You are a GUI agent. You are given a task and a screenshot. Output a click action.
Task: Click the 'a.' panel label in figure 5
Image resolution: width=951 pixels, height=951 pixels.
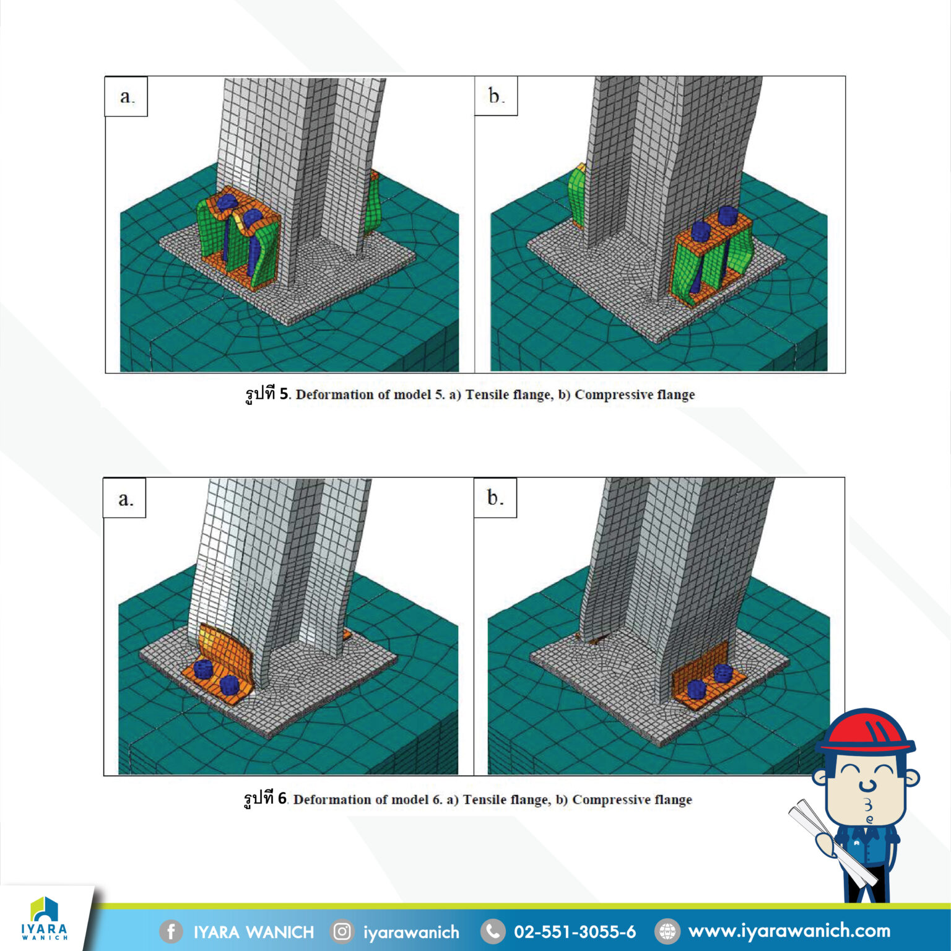pos(126,97)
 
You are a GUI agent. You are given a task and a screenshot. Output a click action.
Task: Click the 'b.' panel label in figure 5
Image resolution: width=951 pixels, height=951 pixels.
pos(496,96)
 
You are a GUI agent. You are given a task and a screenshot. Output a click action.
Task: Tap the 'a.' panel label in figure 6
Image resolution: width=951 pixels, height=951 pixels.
pos(125,498)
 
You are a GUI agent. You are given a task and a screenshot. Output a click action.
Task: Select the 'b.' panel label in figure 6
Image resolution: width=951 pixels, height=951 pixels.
pos(495,498)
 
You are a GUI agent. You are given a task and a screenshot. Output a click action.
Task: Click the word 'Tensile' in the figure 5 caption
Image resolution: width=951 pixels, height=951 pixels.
pos(487,395)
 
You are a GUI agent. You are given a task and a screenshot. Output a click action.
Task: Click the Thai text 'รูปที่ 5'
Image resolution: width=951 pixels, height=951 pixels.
pos(267,394)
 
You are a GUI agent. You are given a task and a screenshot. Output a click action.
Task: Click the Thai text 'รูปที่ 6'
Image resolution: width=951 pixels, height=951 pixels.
pos(265,799)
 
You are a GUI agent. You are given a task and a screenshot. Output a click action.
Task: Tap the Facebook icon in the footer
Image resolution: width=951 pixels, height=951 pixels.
pos(171,931)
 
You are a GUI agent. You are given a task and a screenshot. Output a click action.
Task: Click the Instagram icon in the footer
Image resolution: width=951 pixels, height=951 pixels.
pos(342,931)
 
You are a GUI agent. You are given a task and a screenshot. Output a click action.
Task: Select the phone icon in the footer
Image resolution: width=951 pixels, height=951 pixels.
pos(493,931)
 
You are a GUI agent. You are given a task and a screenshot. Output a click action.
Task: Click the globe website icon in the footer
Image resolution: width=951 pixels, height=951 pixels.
pos(667,931)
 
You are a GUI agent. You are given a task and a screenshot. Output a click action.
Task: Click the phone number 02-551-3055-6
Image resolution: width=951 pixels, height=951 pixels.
pos(575,932)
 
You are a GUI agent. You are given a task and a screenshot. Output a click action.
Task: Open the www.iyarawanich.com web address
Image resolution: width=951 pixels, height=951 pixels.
pos(789,931)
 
